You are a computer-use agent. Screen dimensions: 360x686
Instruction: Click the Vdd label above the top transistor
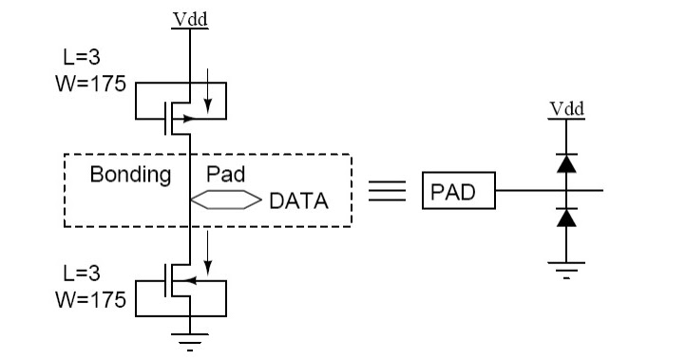pos(191,18)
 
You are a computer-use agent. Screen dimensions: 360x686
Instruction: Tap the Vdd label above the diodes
pos(567,110)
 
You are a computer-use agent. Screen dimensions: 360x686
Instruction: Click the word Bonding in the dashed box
pos(130,176)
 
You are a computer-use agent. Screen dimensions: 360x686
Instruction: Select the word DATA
pos(298,200)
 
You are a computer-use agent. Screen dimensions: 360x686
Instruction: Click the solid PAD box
pos(460,194)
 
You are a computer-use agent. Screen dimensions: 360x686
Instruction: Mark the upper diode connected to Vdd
pos(567,162)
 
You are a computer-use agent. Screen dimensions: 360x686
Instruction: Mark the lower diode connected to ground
pos(567,218)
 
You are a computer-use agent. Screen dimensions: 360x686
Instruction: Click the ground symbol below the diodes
pos(567,266)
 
